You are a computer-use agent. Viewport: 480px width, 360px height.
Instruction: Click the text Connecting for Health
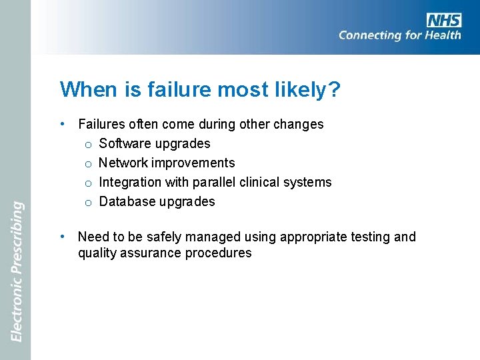(x=399, y=35)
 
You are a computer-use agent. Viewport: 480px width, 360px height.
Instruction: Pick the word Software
(x=125, y=143)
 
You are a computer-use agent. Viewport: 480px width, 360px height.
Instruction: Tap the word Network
(x=123, y=163)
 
